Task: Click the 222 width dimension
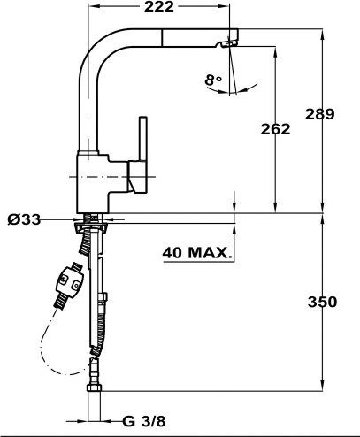click(159, 7)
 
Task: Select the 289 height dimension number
click(319, 114)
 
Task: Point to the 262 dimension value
click(275, 129)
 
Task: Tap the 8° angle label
click(213, 80)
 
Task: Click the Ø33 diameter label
click(24, 219)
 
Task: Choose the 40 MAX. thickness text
click(197, 253)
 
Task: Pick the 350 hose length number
click(322, 302)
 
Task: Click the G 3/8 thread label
click(144, 421)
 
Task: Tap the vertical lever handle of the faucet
click(143, 139)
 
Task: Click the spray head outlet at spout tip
click(229, 43)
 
